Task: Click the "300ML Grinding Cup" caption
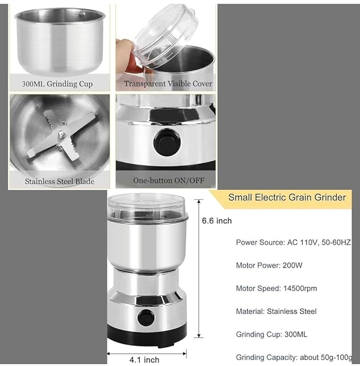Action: (x=57, y=84)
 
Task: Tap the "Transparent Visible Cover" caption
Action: (x=168, y=84)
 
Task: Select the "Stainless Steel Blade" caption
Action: (x=59, y=181)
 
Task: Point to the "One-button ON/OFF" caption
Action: (x=169, y=180)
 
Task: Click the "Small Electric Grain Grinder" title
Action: (x=287, y=197)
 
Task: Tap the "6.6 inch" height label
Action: (x=217, y=221)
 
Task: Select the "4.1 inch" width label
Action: (x=144, y=360)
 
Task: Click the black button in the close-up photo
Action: (x=167, y=142)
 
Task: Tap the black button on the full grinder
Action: (x=146, y=318)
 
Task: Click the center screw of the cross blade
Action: (x=61, y=133)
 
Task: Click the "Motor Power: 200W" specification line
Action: (x=269, y=265)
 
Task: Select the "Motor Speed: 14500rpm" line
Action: (x=276, y=289)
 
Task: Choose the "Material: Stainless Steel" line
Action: (x=276, y=311)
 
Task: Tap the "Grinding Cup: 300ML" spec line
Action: (x=271, y=335)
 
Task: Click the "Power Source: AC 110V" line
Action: (x=293, y=242)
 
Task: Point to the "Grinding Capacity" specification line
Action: (x=294, y=358)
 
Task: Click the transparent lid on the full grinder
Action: (x=148, y=207)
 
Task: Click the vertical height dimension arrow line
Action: (x=199, y=268)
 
